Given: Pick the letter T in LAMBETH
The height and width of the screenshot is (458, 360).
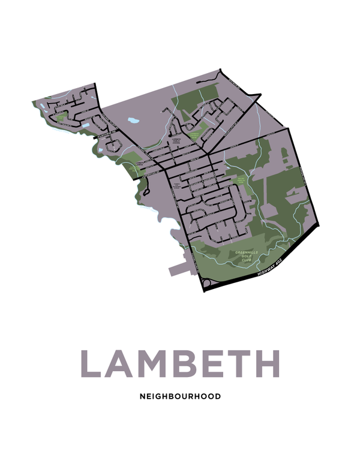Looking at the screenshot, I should (238, 363).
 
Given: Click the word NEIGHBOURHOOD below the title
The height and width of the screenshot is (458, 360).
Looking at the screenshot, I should (180, 396).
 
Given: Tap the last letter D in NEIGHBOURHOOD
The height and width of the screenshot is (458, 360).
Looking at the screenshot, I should (218, 396).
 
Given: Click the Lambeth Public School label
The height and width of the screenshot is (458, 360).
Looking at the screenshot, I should (176, 141).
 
